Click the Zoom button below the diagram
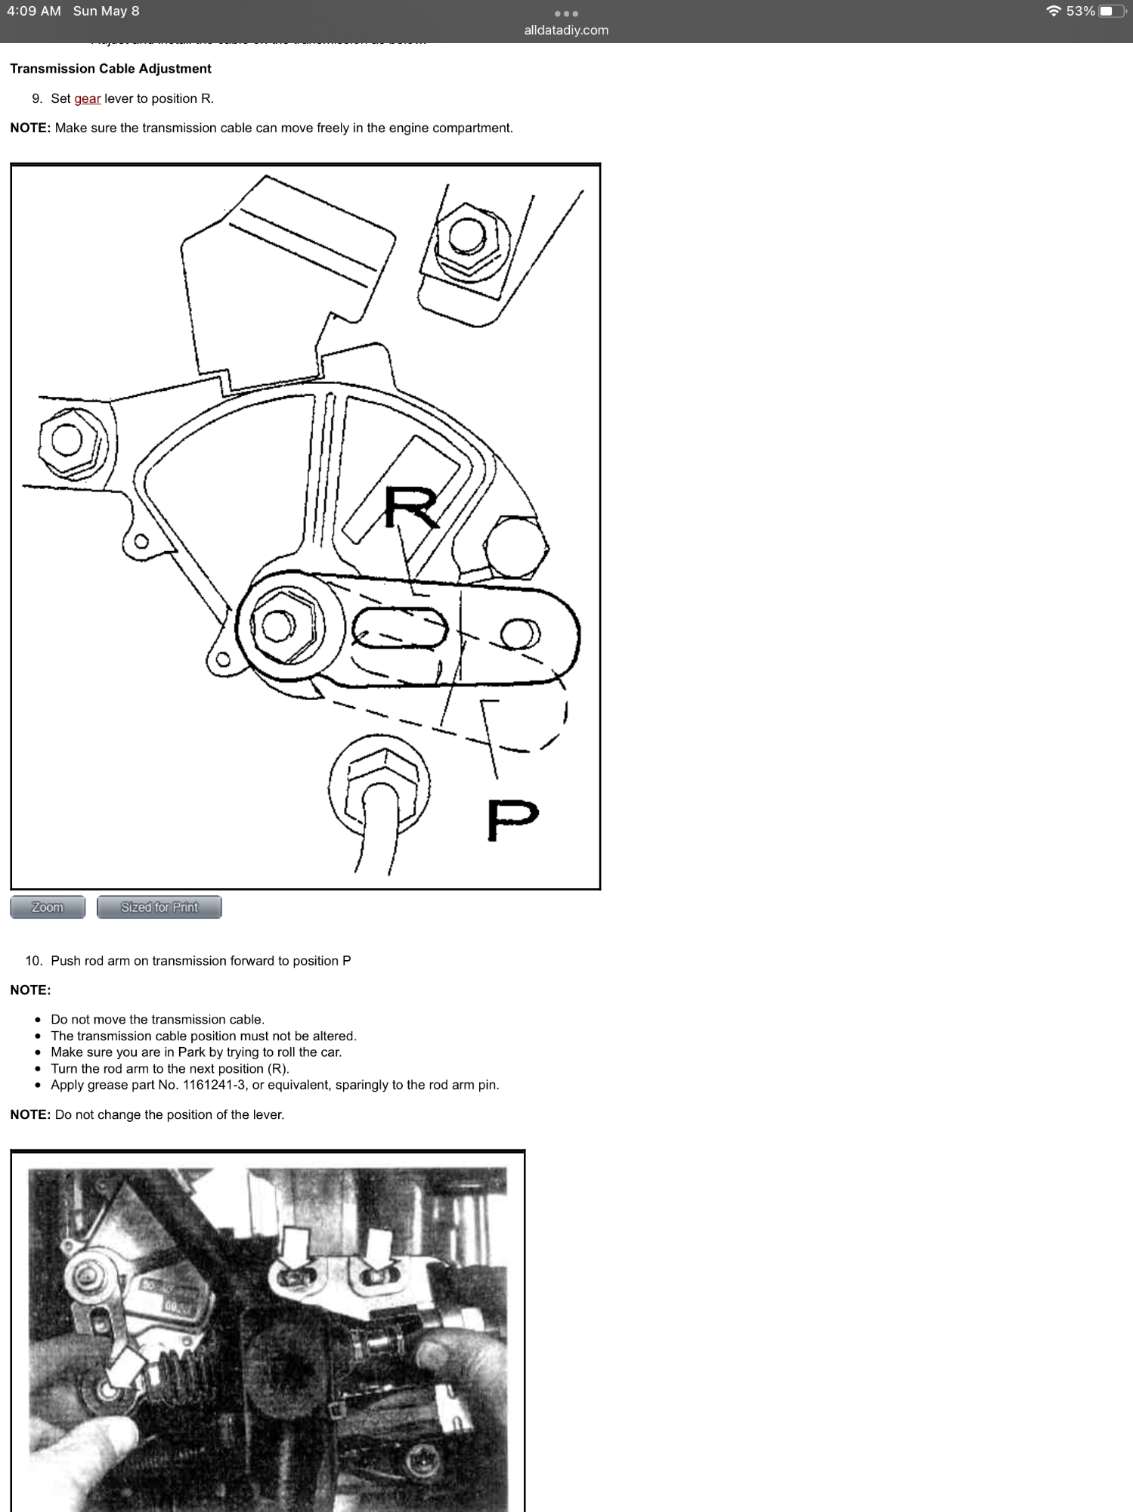click(48, 907)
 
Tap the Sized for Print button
click(159, 907)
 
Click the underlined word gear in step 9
click(87, 98)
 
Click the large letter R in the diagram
click(410, 507)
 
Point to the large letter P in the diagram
click(512, 820)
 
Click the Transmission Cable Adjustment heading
click(110, 69)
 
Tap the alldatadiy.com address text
click(566, 30)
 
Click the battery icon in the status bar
click(1111, 11)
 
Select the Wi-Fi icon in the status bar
click(1053, 11)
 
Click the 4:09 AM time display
click(34, 11)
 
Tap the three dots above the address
click(566, 14)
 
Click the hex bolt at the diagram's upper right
click(466, 237)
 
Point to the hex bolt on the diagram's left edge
click(67, 440)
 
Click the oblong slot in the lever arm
click(399, 628)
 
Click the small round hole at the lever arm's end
click(519, 633)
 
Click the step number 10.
click(33, 961)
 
